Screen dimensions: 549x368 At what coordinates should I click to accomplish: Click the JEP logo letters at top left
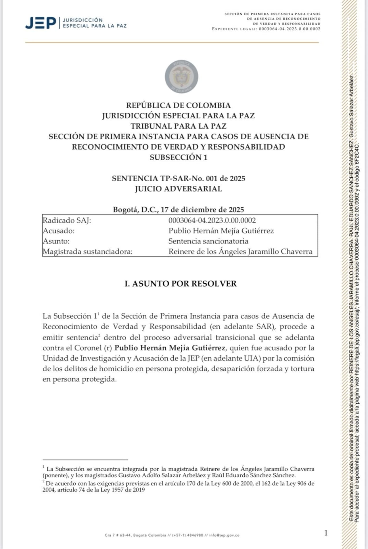tap(41, 23)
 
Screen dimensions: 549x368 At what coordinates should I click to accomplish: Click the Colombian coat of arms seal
tap(181, 77)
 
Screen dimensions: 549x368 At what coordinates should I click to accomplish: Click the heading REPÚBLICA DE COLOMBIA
tap(178, 105)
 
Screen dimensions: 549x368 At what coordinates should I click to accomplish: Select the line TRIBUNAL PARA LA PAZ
tap(178, 126)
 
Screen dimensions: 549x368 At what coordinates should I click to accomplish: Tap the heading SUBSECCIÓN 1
tap(178, 157)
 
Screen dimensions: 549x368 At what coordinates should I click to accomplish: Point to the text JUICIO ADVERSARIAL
tap(178, 189)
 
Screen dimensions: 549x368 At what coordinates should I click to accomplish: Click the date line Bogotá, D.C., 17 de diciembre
tap(178, 210)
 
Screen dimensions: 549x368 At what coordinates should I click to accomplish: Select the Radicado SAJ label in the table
tap(67, 221)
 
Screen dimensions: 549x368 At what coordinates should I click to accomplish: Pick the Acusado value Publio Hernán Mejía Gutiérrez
tap(221, 231)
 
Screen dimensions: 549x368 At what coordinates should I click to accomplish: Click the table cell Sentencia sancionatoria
tap(208, 241)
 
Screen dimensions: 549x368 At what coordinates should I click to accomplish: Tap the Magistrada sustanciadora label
tap(87, 252)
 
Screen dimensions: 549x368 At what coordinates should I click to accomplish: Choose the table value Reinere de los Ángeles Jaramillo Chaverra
tap(240, 252)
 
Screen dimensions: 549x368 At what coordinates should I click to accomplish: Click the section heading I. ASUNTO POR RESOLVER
tap(181, 284)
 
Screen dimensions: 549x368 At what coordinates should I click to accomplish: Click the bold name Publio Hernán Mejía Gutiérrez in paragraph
tap(170, 348)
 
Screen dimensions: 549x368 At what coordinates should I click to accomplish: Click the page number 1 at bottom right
tap(326, 533)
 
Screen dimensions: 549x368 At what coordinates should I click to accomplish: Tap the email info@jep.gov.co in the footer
tap(224, 535)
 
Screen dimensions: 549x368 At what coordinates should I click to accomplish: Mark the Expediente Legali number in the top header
tap(289, 29)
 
